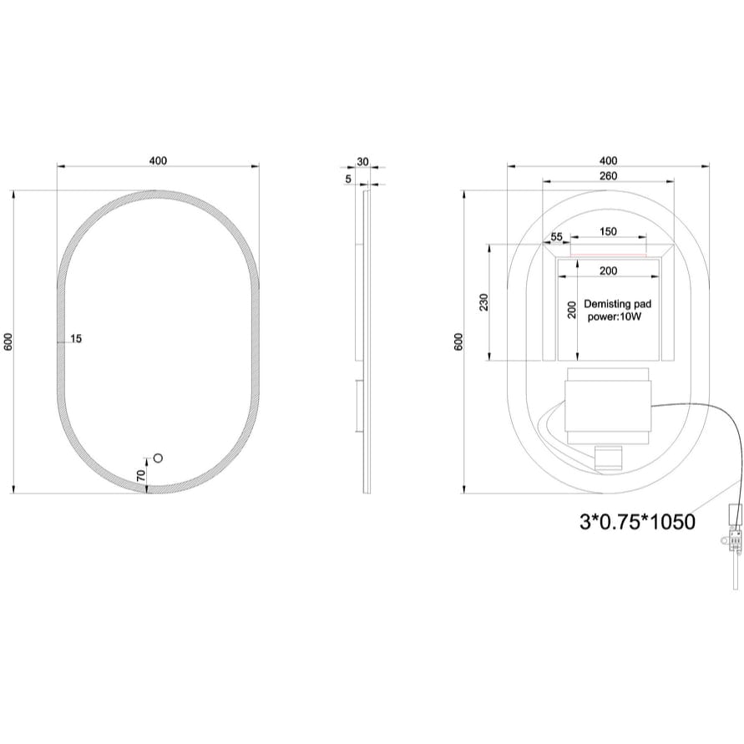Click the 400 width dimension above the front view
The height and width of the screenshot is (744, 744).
tap(158, 160)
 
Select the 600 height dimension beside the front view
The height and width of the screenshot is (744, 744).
tap(8, 342)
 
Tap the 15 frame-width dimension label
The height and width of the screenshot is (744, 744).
tap(77, 338)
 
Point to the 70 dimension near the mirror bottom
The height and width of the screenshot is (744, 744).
tap(141, 473)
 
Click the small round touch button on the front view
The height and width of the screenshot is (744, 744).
tap(157, 458)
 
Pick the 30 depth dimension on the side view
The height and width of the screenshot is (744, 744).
tap(362, 160)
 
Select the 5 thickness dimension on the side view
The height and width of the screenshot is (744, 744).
tap(347, 177)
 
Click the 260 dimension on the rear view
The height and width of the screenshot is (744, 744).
tap(608, 175)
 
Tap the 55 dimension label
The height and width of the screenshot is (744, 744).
tap(557, 238)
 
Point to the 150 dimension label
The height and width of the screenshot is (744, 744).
tap(608, 231)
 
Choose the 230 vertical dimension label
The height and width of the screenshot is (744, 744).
tap(483, 301)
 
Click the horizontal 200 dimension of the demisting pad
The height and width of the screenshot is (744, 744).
tap(608, 270)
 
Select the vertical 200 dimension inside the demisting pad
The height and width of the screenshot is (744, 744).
tap(572, 309)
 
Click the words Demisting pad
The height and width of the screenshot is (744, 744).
tap(617, 305)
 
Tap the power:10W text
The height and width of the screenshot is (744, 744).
tap(616, 317)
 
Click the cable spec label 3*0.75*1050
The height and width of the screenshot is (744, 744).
tap(638, 522)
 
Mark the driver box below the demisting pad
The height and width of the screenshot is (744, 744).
tap(607, 406)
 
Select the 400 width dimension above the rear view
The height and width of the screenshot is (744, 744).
tap(608, 160)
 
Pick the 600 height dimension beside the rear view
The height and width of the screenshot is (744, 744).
tap(458, 342)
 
